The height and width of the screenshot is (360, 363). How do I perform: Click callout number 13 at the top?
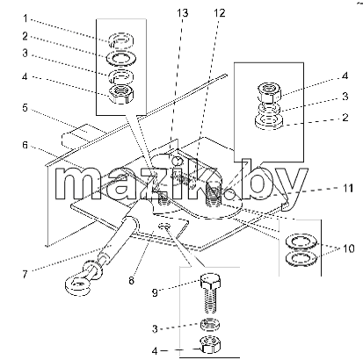[x=182, y=13]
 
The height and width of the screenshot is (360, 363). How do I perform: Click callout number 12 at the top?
[x=219, y=13]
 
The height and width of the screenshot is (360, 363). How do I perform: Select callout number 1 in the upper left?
[x=25, y=18]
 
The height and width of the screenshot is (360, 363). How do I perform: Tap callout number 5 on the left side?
[x=25, y=108]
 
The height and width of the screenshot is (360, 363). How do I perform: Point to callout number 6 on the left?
[x=25, y=145]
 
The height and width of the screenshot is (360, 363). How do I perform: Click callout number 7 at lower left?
[x=25, y=274]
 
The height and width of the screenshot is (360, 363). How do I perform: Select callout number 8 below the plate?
[x=131, y=280]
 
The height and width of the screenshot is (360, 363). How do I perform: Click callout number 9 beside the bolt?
[x=155, y=292]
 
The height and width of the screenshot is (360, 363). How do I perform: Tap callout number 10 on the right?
[x=348, y=248]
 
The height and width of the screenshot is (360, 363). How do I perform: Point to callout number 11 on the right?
[x=348, y=188]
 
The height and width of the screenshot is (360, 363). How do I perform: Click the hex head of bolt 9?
[x=210, y=281]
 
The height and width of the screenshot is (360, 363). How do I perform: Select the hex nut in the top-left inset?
[x=121, y=94]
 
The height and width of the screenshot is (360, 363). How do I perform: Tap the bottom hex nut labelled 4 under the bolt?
[x=210, y=344]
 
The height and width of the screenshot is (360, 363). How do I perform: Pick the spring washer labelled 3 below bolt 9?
[x=210, y=324]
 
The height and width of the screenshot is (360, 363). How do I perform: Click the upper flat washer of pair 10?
[x=301, y=242]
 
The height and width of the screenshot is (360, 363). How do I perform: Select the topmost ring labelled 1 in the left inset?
[x=121, y=40]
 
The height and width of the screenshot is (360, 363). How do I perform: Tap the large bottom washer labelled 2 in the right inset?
[x=269, y=121]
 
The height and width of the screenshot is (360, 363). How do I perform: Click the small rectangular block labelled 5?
[x=83, y=135]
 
